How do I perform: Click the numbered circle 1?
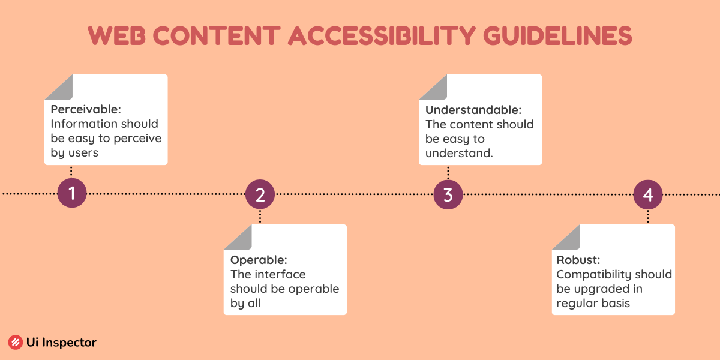72,193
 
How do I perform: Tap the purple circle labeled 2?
260,194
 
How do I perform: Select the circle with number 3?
448,194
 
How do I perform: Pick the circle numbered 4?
648,194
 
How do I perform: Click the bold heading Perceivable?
86,109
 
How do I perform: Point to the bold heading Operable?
259,260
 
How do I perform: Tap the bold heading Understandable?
473,110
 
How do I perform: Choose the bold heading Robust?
578,260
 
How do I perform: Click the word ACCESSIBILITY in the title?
382,35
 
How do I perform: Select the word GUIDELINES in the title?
557,35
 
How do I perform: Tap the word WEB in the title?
116,35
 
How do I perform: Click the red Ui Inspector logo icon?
16,343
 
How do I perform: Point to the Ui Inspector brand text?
61,343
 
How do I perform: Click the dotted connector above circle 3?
448,173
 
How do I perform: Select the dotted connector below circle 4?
648,217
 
